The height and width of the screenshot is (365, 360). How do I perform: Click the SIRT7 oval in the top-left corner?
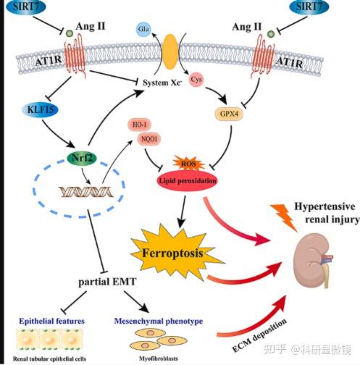pos(26,7)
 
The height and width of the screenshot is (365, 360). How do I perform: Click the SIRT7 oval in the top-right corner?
pos(309,7)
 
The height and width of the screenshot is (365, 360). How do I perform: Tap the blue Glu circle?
pos(143,29)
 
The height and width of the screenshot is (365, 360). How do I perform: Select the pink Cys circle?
pos(196,80)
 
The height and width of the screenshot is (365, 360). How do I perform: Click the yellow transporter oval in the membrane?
pos(170,51)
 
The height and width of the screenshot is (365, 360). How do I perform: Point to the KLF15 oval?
pos(40,110)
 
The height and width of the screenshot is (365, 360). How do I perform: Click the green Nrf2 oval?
pos(82,159)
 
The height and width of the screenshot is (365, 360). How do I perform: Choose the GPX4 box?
pos(229,114)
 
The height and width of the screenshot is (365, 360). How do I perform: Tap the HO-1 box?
pos(139,125)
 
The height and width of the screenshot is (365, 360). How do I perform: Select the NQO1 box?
pos(149,139)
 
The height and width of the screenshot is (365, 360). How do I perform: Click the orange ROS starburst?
pos(188,164)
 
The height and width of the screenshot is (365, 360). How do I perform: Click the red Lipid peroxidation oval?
pos(187,180)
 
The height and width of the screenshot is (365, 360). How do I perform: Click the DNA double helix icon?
pos(86,192)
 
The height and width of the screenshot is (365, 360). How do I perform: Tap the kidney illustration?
pos(314,261)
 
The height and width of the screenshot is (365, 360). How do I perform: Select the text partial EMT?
pos(107,282)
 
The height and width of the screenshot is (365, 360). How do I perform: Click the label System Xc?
pos(162,83)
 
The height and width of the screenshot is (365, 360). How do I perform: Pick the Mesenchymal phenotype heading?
pos(159,321)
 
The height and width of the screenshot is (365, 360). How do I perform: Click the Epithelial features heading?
pos(52,321)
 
